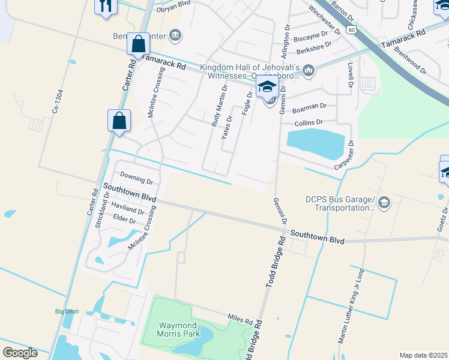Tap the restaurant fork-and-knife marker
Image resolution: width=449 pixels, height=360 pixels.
pyautogui.click(x=105, y=6)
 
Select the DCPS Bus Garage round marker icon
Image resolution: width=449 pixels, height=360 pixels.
pyautogui.click(x=385, y=203)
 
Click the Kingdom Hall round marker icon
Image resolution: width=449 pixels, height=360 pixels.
pyautogui.click(x=309, y=71)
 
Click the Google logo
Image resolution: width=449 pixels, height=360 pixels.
pyautogui.click(x=20, y=353)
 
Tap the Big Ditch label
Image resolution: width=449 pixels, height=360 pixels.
pyautogui.click(x=67, y=311)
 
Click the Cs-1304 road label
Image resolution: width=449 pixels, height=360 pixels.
pyautogui.click(x=57, y=103)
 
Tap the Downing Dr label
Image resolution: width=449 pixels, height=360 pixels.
pyautogui.click(x=137, y=178)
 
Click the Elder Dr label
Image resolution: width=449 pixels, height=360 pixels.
pyautogui.click(x=124, y=221)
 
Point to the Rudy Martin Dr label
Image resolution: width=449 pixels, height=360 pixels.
pyautogui.click(x=219, y=105)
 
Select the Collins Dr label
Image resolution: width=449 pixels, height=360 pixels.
pyautogui.click(x=309, y=122)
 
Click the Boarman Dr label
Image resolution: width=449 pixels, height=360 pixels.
pyautogui.click(x=309, y=108)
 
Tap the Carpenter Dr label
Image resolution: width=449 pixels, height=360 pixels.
pyautogui.click(x=347, y=155)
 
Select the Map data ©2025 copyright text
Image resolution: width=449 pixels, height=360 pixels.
pyautogui.click(x=423, y=355)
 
